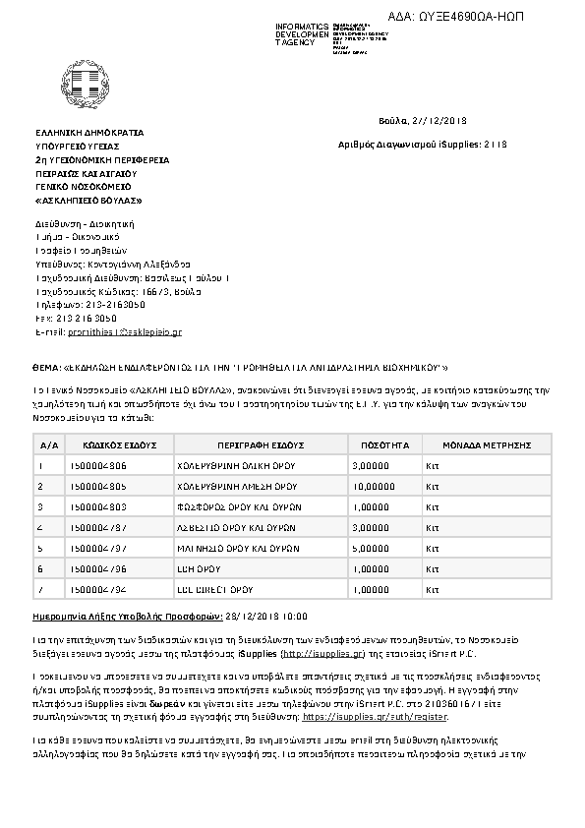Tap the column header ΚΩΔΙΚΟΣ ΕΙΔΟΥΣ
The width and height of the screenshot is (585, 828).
click(x=113, y=444)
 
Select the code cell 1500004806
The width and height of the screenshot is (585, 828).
click(x=99, y=465)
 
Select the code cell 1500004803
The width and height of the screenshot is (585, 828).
click(x=99, y=506)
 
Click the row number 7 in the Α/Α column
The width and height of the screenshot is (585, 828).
click(x=39, y=589)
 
